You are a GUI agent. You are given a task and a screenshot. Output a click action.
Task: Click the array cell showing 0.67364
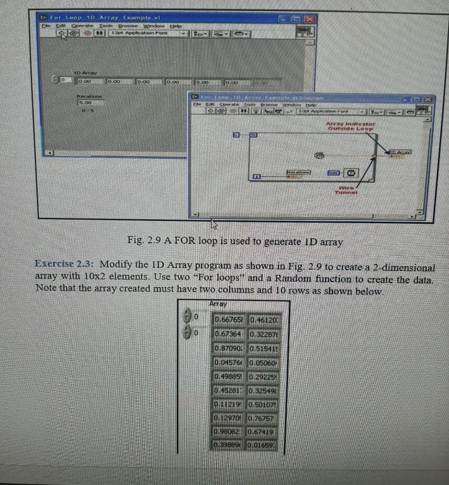pyautogui.click(x=227, y=334)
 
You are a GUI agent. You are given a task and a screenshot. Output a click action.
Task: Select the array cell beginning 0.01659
pyautogui.click(x=261, y=445)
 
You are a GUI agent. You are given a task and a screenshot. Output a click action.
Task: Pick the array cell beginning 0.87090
pyautogui.click(x=228, y=348)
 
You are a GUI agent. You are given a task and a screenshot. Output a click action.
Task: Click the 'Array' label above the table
pyautogui.click(x=218, y=304)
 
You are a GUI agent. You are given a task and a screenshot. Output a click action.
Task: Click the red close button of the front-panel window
pyautogui.click(x=310, y=18)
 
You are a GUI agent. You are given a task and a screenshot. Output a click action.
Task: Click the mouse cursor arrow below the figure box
pyautogui.click(x=214, y=225)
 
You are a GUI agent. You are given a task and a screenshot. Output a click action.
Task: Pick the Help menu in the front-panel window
pyautogui.click(x=177, y=26)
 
